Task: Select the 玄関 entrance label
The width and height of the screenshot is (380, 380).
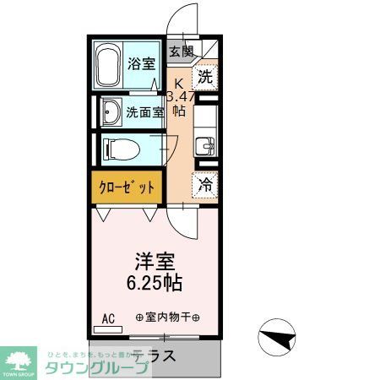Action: point(180,52)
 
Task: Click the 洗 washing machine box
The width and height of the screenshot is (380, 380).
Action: point(204,78)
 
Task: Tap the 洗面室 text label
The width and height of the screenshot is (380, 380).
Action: point(141,111)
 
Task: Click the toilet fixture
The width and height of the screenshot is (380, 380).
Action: point(117,150)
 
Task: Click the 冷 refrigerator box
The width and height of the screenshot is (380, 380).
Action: point(205,182)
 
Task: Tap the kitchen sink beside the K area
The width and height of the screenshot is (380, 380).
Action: point(204,145)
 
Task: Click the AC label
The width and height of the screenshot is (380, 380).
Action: point(108,318)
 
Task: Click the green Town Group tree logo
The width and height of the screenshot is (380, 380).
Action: point(19,357)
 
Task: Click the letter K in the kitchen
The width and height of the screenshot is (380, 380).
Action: point(178,83)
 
